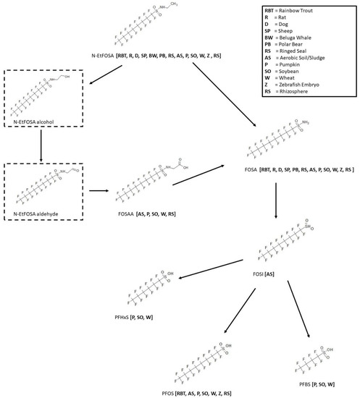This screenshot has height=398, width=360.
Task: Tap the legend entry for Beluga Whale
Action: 305,41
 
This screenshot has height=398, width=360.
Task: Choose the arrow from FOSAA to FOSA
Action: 207,174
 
